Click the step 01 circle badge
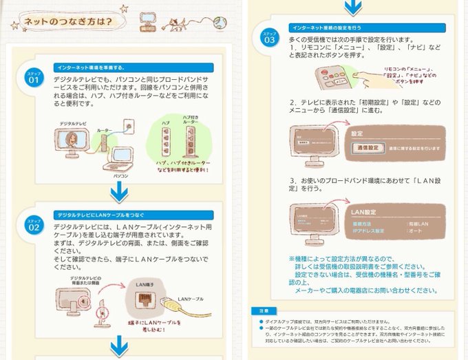tap(34, 78)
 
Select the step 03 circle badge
tap(268, 37)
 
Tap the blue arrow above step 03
tap(352, 8)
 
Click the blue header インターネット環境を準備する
tap(89, 67)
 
